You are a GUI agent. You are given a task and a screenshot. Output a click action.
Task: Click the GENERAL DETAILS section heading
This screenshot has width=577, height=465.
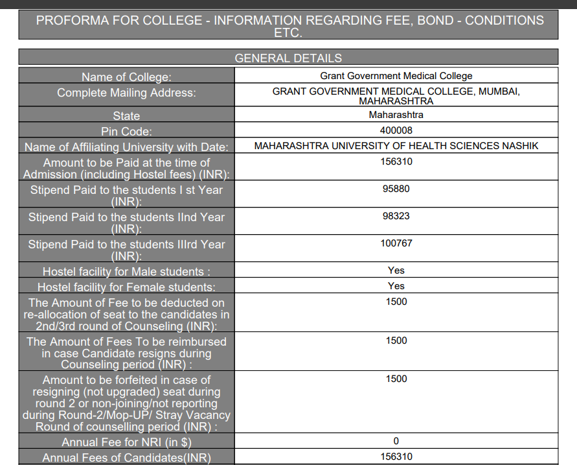pyautogui.click(x=288, y=58)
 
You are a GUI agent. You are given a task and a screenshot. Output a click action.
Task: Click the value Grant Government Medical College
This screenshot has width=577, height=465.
pyautogui.click(x=396, y=76)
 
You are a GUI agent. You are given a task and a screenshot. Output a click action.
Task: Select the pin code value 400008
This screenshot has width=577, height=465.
pyautogui.click(x=396, y=130)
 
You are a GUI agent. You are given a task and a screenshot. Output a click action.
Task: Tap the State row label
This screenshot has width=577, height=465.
pyautogui.click(x=126, y=116)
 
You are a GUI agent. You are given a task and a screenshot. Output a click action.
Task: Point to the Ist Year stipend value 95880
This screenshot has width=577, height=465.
pyautogui.click(x=396, y=189)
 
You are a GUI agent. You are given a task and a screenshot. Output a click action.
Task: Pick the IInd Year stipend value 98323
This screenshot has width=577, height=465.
pyautogui.click(x=396, y=216)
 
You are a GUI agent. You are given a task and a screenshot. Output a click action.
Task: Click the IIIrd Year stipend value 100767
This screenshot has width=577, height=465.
pyautogui.click(x=396, y=243)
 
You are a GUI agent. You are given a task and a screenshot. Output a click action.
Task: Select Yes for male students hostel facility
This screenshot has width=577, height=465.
pyautogui.click(x=396, y=270)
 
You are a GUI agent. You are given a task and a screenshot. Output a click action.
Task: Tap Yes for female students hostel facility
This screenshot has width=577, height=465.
pyautogui.click(x=396, y=286)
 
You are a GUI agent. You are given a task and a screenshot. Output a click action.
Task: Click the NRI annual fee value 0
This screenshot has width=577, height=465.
pyautogui.click(x=396, y=441)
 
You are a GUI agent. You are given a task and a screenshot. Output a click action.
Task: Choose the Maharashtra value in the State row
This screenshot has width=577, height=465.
pyautogui.click(x=396, y=115)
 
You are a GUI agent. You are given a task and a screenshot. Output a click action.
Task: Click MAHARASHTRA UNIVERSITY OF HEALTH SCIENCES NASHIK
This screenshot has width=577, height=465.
pyautogui.click(x=396, y=146)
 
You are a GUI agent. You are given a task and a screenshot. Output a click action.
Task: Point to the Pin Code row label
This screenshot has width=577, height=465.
pyautogui.click(x=126, y=132)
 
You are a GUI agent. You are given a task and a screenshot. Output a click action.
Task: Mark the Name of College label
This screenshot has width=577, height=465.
pyautogui.click(x=126, y=77)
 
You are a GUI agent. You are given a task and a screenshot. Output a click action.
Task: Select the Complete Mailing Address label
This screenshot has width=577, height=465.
pyautogui.click(x=126, y=93)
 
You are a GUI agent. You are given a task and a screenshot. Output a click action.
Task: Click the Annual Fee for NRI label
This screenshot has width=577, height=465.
pyautogui.click(x=126, y=442)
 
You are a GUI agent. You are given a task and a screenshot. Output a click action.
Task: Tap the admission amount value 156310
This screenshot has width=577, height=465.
pyautogui.click(x=396, y=161)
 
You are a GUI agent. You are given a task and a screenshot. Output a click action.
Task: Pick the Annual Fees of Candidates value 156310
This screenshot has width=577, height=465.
pyautogui.click(x=396, y=457)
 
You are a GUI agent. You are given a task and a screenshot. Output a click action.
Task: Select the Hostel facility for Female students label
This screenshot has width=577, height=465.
pyautogui.click(x=126, y=287)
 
